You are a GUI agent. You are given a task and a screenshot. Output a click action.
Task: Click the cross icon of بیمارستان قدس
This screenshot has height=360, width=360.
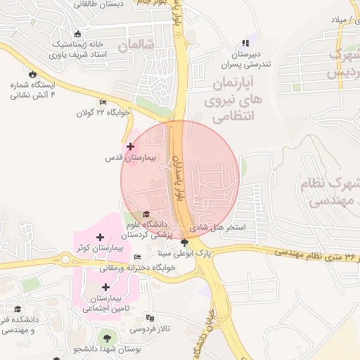(130, 146)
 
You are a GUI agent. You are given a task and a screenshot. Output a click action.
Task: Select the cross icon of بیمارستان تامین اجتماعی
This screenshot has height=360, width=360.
(105, 287)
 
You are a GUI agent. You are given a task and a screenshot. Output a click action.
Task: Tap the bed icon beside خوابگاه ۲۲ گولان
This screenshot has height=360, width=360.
(103, 103)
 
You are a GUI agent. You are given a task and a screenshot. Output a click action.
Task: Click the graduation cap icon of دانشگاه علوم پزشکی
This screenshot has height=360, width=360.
(146, 214)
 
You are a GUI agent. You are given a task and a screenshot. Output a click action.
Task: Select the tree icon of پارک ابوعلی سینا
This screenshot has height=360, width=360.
(185, 243)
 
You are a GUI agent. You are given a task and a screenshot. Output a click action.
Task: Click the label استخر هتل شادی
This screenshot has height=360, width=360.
(225, 229)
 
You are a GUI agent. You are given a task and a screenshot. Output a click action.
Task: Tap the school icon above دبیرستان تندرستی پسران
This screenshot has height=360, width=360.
(245, 44)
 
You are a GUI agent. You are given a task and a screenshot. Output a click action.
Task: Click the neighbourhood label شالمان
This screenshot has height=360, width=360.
(135, 46)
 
